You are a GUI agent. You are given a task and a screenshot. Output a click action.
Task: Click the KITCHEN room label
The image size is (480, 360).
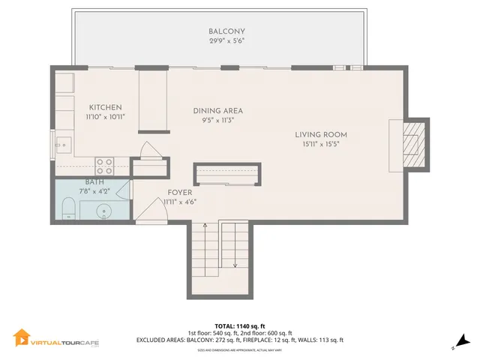[x=105, y=107]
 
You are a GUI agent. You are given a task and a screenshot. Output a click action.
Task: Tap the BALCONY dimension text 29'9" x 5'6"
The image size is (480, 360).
[x=226, y=42]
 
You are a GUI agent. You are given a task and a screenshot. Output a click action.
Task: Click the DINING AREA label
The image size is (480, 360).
[x=217, y=110]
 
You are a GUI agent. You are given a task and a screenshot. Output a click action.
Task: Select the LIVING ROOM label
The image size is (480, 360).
[x=325, y=135]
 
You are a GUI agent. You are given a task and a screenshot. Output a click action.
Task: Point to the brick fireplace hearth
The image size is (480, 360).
[x=412, y=145]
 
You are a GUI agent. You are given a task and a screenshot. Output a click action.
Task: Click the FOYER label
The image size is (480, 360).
[x=180, y=192]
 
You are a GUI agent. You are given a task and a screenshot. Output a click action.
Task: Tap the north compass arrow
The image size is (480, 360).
[x=463, y=342]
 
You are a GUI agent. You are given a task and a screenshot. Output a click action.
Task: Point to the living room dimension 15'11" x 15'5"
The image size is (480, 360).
[x=325, y=144]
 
